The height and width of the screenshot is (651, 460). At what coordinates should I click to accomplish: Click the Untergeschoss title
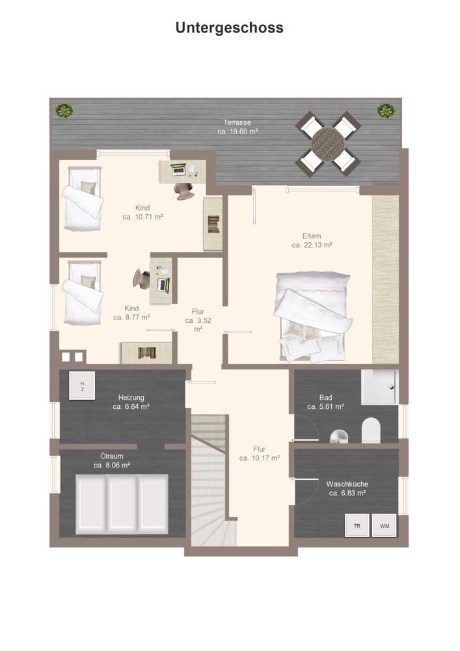tap(230, 28)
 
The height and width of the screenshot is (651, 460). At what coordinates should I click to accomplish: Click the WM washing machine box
tap(384, 525)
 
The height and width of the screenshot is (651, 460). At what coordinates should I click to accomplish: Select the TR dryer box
tap(357, 525)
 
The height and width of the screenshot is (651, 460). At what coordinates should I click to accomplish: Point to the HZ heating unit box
tap(82, 385)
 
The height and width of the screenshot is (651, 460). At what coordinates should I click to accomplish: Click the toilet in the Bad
tap(371, 430)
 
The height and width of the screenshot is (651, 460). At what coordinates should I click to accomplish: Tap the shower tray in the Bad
tap(379, 387)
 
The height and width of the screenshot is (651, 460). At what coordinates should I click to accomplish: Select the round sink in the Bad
tap(339, 436)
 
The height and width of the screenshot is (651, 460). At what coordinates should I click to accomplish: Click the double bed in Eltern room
tap(314, 316)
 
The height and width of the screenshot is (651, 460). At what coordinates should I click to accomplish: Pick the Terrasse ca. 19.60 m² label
tap(237, 127)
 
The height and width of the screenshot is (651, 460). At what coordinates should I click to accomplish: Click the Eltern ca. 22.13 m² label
tap(312, 240)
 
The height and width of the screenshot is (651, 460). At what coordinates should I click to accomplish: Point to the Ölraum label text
tap(112, 456)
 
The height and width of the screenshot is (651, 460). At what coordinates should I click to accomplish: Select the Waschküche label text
tap(347, 484)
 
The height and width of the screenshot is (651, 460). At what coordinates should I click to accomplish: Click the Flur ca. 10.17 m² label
tap(259, 453)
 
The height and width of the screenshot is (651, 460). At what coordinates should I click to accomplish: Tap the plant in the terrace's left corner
tap(64, 111)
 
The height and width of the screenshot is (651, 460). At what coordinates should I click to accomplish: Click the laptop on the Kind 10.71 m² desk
tap(178, 169)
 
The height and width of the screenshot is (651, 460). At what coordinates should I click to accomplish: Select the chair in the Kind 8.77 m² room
tap(141, 278)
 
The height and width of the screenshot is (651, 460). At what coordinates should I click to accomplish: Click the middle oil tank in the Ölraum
tap(122, 504)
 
